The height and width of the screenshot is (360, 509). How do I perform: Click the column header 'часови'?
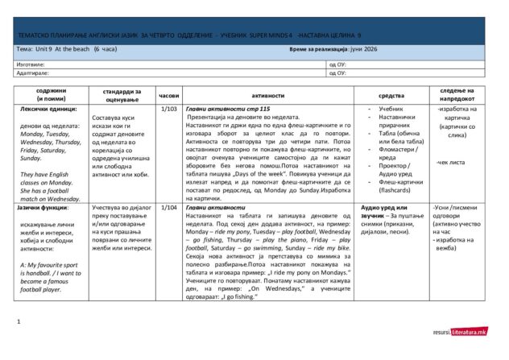[169, 94]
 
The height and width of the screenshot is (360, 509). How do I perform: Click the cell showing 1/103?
[169, 108]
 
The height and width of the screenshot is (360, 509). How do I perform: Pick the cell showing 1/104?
[169, 207]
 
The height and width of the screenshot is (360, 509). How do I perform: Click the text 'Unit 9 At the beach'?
[64, 50]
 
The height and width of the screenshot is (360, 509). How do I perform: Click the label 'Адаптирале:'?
[33, 72]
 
